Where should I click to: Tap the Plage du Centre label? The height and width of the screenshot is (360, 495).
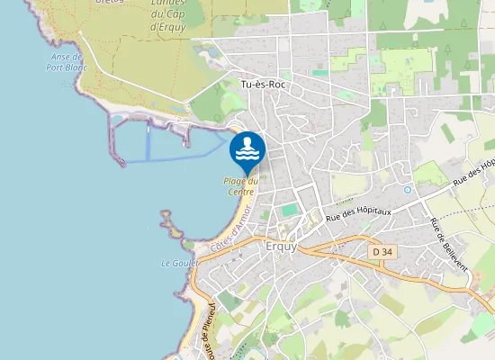coord(240,186)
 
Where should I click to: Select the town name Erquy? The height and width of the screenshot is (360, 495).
coord(282,246)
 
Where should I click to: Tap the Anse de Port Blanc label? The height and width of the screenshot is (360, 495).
coord(66,60)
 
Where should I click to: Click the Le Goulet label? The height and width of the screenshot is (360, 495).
coord(177,264)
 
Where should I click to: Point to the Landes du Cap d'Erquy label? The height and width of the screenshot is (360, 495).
coord(169,15)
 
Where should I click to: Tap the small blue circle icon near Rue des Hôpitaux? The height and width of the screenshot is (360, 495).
coord(408,190)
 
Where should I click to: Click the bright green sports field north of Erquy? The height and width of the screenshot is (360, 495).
coord(289,210)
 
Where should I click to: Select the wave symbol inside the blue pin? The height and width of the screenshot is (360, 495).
coord(247,147)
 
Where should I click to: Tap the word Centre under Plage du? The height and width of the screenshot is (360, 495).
coord(240,192)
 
